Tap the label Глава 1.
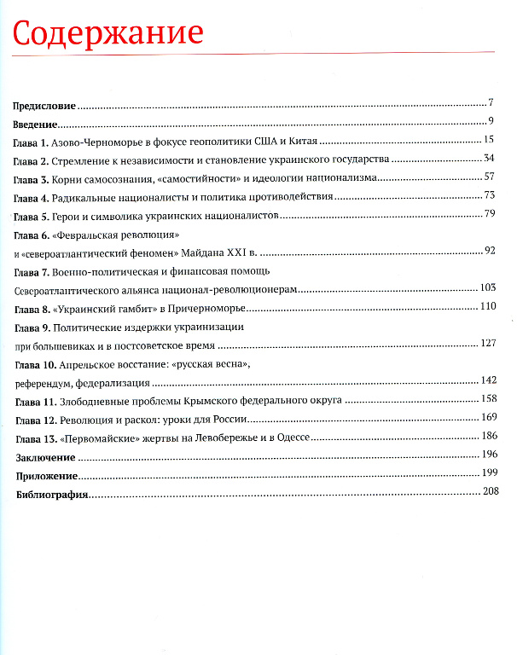click(32, 142)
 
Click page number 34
click(489, 159)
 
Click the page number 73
click(489, 196)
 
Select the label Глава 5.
click(32, 216)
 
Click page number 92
click(490, 250)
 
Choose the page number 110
click(487, 306)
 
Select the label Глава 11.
click(35, 402)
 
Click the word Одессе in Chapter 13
click(288, 438)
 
